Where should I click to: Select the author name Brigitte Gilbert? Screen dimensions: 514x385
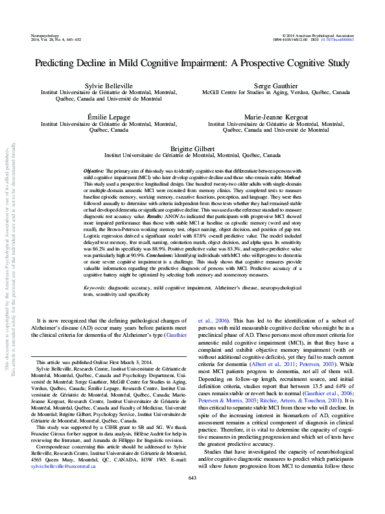point(192,148)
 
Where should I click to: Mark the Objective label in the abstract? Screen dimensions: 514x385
point(96,170)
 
